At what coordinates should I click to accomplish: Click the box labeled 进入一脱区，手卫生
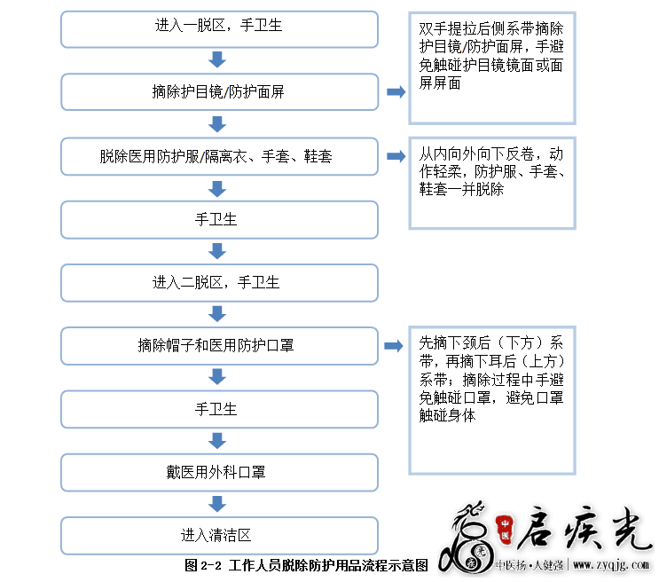coord(219,29)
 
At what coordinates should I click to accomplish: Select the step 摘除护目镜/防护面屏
coord(219,92)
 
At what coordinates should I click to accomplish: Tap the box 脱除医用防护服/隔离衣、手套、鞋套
coord(219,156)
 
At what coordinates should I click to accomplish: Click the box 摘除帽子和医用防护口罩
coord(219,346)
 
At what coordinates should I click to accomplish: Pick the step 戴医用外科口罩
coord(219,473)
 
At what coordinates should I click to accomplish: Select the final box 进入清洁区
coord(219,536)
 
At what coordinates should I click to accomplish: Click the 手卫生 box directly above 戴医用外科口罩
coord(219,410)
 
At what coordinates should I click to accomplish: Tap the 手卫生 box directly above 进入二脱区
coord(219,220)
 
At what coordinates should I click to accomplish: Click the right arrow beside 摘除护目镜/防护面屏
coord(396,91)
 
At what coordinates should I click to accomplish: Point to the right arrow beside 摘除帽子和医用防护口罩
coord(394,346)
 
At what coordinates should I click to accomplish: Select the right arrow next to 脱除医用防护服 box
coord(396,156)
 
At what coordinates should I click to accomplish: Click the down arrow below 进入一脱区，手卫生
coord(217,59)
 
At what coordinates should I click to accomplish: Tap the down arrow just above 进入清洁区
coord(217,504)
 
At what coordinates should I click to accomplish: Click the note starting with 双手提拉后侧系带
coord(492,68)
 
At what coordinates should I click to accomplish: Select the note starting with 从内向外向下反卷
coord(492,184)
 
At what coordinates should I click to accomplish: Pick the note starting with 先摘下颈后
coord(492,401)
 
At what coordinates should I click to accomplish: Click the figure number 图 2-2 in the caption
coord(203,566)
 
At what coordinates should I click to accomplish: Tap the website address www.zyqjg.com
coord(611,565)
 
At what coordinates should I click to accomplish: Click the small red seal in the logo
coord(505,528)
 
